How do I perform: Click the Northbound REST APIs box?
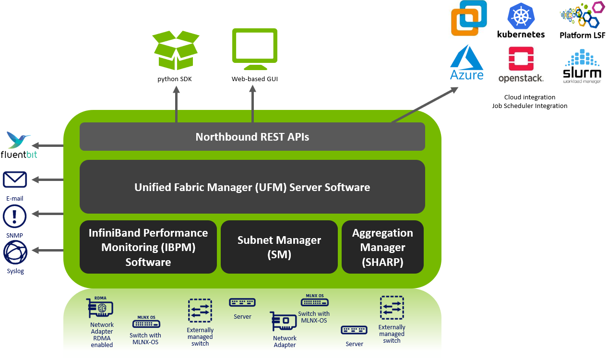pos(252,137)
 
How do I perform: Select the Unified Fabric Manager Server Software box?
pos(252,187)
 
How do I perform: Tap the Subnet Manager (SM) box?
pos(279,247)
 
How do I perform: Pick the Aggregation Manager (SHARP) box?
pos(382,247)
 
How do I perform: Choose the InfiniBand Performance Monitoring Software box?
pos(148,247)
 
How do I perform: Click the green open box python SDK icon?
pos(175,50)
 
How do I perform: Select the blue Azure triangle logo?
pos(466,58)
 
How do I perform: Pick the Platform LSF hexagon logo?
pos(582,16)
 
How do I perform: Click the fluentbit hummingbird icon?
pos(19,141)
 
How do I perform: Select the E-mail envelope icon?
pos(15,180)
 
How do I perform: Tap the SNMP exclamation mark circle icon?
pos(15,216)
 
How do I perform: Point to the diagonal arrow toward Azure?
pos(425,105)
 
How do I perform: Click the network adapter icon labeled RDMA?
pos(100,308)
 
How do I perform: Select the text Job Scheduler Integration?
pos(529,106)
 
